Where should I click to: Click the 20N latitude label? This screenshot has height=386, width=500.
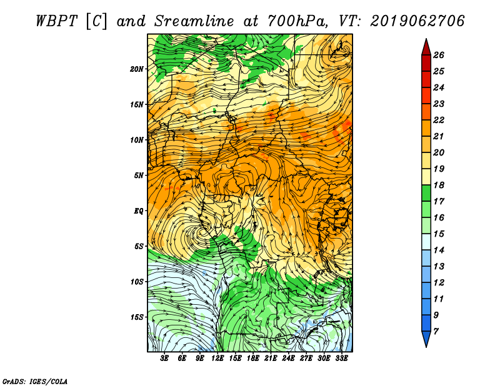137,69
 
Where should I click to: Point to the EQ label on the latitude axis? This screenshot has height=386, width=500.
139,210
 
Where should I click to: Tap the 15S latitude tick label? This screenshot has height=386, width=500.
137,317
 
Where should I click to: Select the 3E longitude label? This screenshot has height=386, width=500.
164,358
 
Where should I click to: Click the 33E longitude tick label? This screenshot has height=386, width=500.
341,358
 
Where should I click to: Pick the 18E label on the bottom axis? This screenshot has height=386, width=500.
253,358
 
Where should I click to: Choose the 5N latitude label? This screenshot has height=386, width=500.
139,176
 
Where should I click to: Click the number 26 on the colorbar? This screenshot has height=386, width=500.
439,55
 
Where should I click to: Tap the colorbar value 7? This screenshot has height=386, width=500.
436,332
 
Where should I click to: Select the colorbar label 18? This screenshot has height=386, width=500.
439,185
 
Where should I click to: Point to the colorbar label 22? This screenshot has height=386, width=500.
439,120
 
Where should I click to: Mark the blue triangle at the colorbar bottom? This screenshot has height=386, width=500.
426,339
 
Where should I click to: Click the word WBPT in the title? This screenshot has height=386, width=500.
56,21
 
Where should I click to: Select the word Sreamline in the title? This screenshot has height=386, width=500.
194,21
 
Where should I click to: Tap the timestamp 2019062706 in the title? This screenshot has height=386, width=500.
417,21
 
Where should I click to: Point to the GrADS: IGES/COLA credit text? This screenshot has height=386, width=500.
35,382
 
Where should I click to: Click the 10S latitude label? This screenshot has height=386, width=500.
137,282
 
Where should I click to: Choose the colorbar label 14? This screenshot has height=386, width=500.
439,250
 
